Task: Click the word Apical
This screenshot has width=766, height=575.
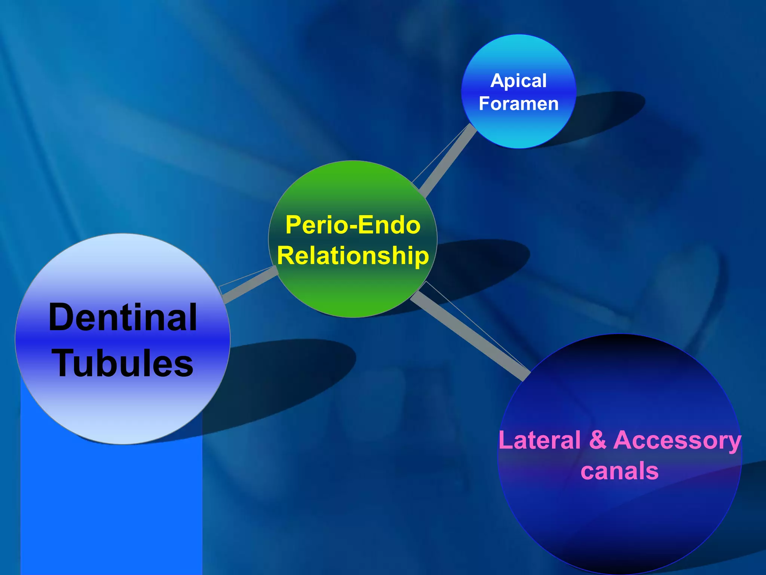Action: point(518,81)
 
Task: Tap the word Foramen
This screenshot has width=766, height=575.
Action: point(518,104)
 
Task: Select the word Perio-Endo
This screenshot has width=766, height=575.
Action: point(353,225)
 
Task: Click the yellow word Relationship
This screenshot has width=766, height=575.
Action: point(353,256)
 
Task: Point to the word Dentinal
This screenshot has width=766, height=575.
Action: point(123,317)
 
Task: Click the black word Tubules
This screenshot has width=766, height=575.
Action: point(123,363)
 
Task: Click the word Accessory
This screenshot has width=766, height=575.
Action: point(677,441)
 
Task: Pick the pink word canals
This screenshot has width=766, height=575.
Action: point(619,471)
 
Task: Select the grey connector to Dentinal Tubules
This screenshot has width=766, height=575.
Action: point(250,285)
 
